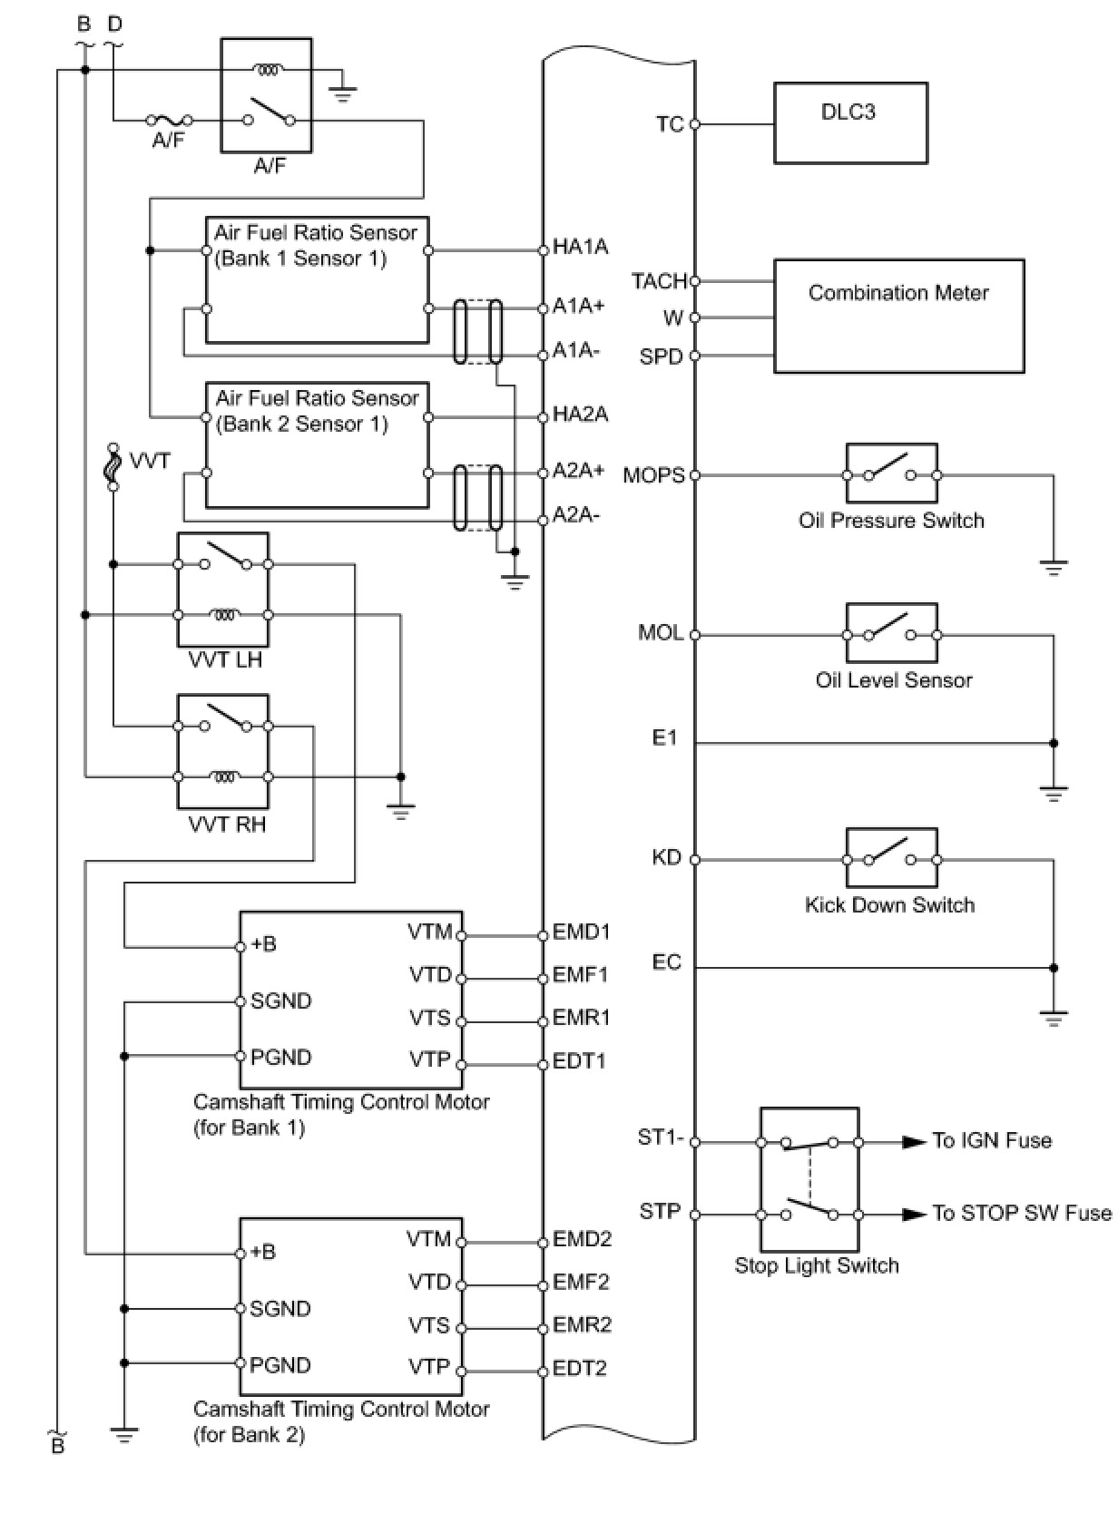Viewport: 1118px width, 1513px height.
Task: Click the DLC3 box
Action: coord(849,123)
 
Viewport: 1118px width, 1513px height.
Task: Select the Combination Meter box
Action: coord(898,316)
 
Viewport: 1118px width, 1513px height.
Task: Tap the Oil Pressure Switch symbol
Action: coord(891,473)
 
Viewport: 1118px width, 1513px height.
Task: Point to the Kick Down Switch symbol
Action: coord(891,858)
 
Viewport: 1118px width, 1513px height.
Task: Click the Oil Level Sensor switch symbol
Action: coord(891,633)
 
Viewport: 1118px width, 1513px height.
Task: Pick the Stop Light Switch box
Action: coord(809,1178)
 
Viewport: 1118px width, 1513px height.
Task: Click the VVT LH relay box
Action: coord(223,589)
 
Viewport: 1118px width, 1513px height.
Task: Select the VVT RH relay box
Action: coord(223,751)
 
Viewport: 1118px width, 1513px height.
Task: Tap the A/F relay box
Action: coord(266,94)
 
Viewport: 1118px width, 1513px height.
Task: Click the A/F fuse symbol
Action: coord(169,119)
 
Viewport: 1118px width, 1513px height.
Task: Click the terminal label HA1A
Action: coord(581,247)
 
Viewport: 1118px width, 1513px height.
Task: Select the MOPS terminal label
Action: coord(653,475)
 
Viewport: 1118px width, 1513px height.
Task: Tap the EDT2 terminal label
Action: coord(580,1368)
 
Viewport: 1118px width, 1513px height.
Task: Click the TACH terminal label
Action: coord(659,281)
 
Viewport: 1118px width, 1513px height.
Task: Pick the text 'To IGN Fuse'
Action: coord(992,1141)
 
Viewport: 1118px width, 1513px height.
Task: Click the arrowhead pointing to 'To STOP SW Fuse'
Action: coord(913,1214)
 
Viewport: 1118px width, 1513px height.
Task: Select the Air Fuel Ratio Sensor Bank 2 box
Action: coord(317,444)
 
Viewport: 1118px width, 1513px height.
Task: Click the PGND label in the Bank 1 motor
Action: coord(281,1057)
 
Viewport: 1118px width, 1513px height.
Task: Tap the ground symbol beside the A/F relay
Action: coord(342,91)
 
